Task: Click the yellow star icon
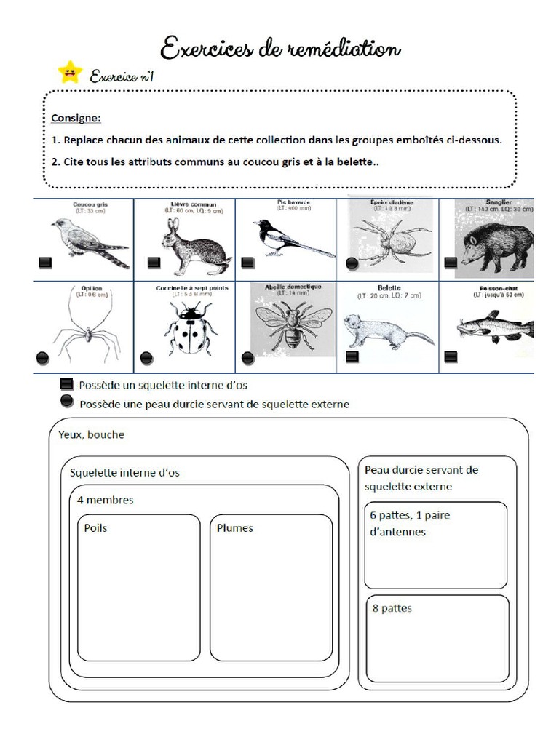point(70,72)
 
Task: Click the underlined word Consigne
point(76,117)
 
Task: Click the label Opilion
point(83,287)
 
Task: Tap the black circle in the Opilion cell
point(43,357)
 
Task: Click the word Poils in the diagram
point(95,527)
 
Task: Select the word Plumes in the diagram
point(234,527)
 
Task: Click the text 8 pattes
point(392,607)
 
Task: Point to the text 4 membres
point(105,500)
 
